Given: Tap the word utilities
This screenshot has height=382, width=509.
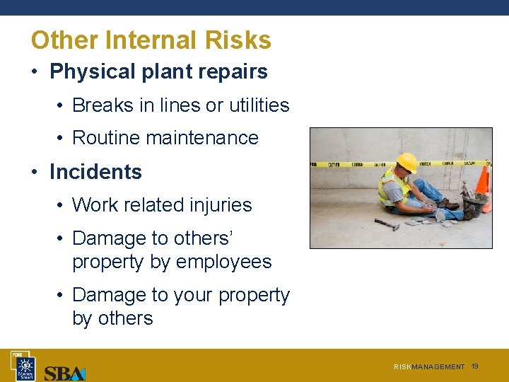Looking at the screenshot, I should (x=254, y=105).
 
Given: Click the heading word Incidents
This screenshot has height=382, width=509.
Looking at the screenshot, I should (x=95, y=172).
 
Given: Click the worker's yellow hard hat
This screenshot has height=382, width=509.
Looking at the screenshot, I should (x=406, y=161).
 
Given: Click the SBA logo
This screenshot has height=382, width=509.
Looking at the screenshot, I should (x=64, y=372).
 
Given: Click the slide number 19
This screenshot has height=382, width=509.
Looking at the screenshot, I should (x=475, y=366).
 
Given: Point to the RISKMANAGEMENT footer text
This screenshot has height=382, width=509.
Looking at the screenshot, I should (x=429, y=367).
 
